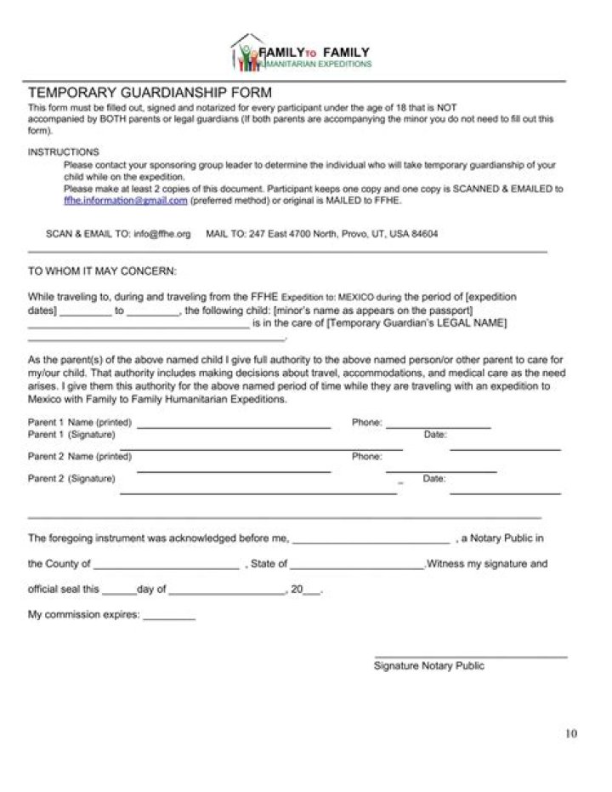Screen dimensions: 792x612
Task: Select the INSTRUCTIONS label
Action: click(x=64, y=151)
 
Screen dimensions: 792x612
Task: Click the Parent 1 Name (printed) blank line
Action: click(x=234, y=425)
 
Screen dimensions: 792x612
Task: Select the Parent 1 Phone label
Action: click(x=366, y=422)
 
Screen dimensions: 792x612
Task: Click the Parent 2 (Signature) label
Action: click(x=71, y=479)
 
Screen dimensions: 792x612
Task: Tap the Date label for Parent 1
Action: click(x=434, y=435)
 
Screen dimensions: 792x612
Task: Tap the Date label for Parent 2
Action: click(x=434, y=479)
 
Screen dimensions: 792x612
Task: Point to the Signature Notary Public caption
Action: click(x=429, y=666)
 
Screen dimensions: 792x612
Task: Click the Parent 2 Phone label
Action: click(x=366, y=457)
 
